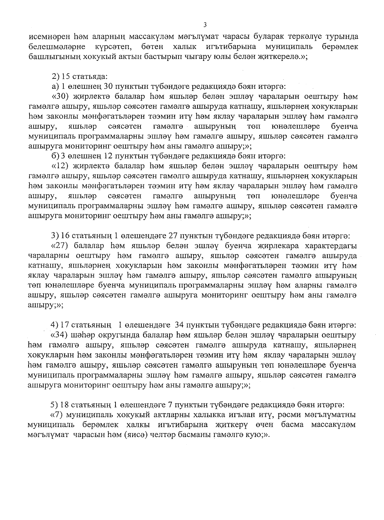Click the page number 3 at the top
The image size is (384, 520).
coord(205,25)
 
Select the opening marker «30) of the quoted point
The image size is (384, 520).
coord(61,96)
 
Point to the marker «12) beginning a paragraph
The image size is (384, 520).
coord(61,166)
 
